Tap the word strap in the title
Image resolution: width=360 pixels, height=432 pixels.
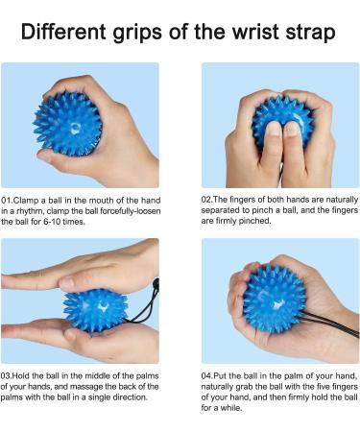coord(304,34)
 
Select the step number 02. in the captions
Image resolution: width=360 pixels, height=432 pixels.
coord(207,200)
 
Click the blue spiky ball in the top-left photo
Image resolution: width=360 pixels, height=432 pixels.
coord(67,123)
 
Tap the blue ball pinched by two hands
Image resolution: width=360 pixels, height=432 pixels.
coord(281,121)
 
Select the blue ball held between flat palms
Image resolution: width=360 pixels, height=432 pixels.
coord(95,307)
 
